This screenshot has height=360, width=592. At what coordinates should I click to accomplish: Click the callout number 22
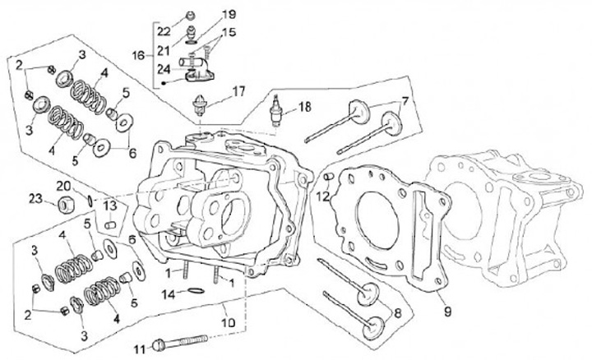point(164,31)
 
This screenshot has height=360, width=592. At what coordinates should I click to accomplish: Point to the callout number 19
point(229,15)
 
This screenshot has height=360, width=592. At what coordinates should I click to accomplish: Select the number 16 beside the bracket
point(137,55)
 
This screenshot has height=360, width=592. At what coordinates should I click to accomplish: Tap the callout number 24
point(164,69)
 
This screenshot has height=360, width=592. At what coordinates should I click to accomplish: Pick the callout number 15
point(229,32)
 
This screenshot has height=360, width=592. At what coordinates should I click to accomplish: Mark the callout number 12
point(323,196)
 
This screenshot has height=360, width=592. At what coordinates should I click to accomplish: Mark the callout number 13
point(109,205)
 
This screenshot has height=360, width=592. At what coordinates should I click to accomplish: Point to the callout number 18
point(304,107)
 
